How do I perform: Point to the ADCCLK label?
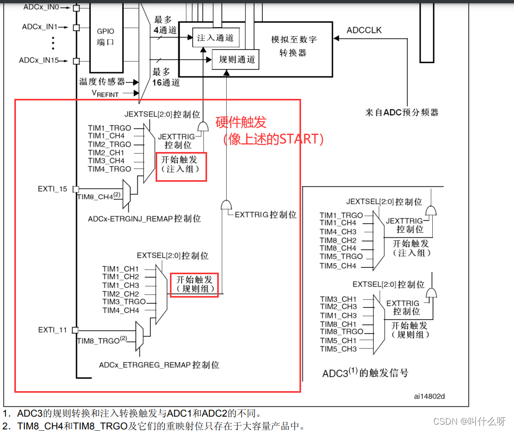(x=364, y=30)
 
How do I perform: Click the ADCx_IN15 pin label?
(x=39, y=61)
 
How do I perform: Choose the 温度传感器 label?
(x=102, y=81)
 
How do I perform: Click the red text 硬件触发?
(x=241, y=122)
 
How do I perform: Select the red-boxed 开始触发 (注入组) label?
(x=181, y=166)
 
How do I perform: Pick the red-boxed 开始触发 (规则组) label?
(x=194, y=284)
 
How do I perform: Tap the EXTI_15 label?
(x=53, y=189)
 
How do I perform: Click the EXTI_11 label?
(x=53, y=330)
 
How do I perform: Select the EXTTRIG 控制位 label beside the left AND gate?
(x=265, y=215)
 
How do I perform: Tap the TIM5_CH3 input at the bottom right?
(x=338, y=349)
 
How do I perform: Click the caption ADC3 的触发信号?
(x=365, y=373)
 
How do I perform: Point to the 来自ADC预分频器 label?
(x=401, y=112)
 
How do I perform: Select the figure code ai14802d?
(x=429, y=396)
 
